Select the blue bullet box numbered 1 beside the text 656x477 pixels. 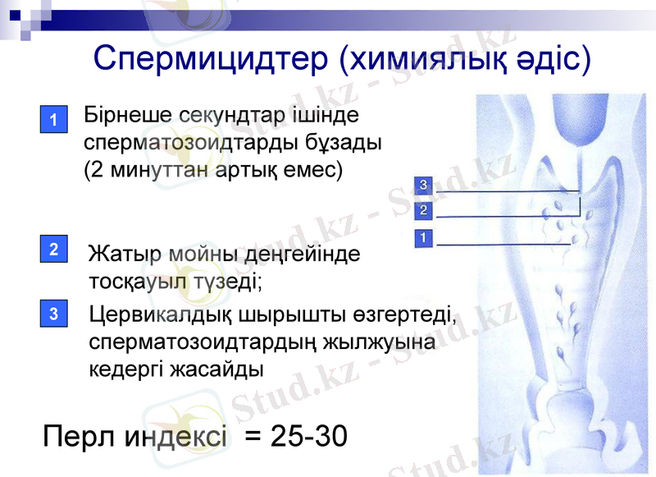pos(52,120)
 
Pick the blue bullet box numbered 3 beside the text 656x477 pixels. pos(52,313)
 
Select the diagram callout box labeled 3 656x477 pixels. pos(423,185)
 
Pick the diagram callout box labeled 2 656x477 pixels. pos(423,211)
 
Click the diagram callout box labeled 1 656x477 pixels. pos(423,238)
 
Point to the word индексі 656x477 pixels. pos(175,437)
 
